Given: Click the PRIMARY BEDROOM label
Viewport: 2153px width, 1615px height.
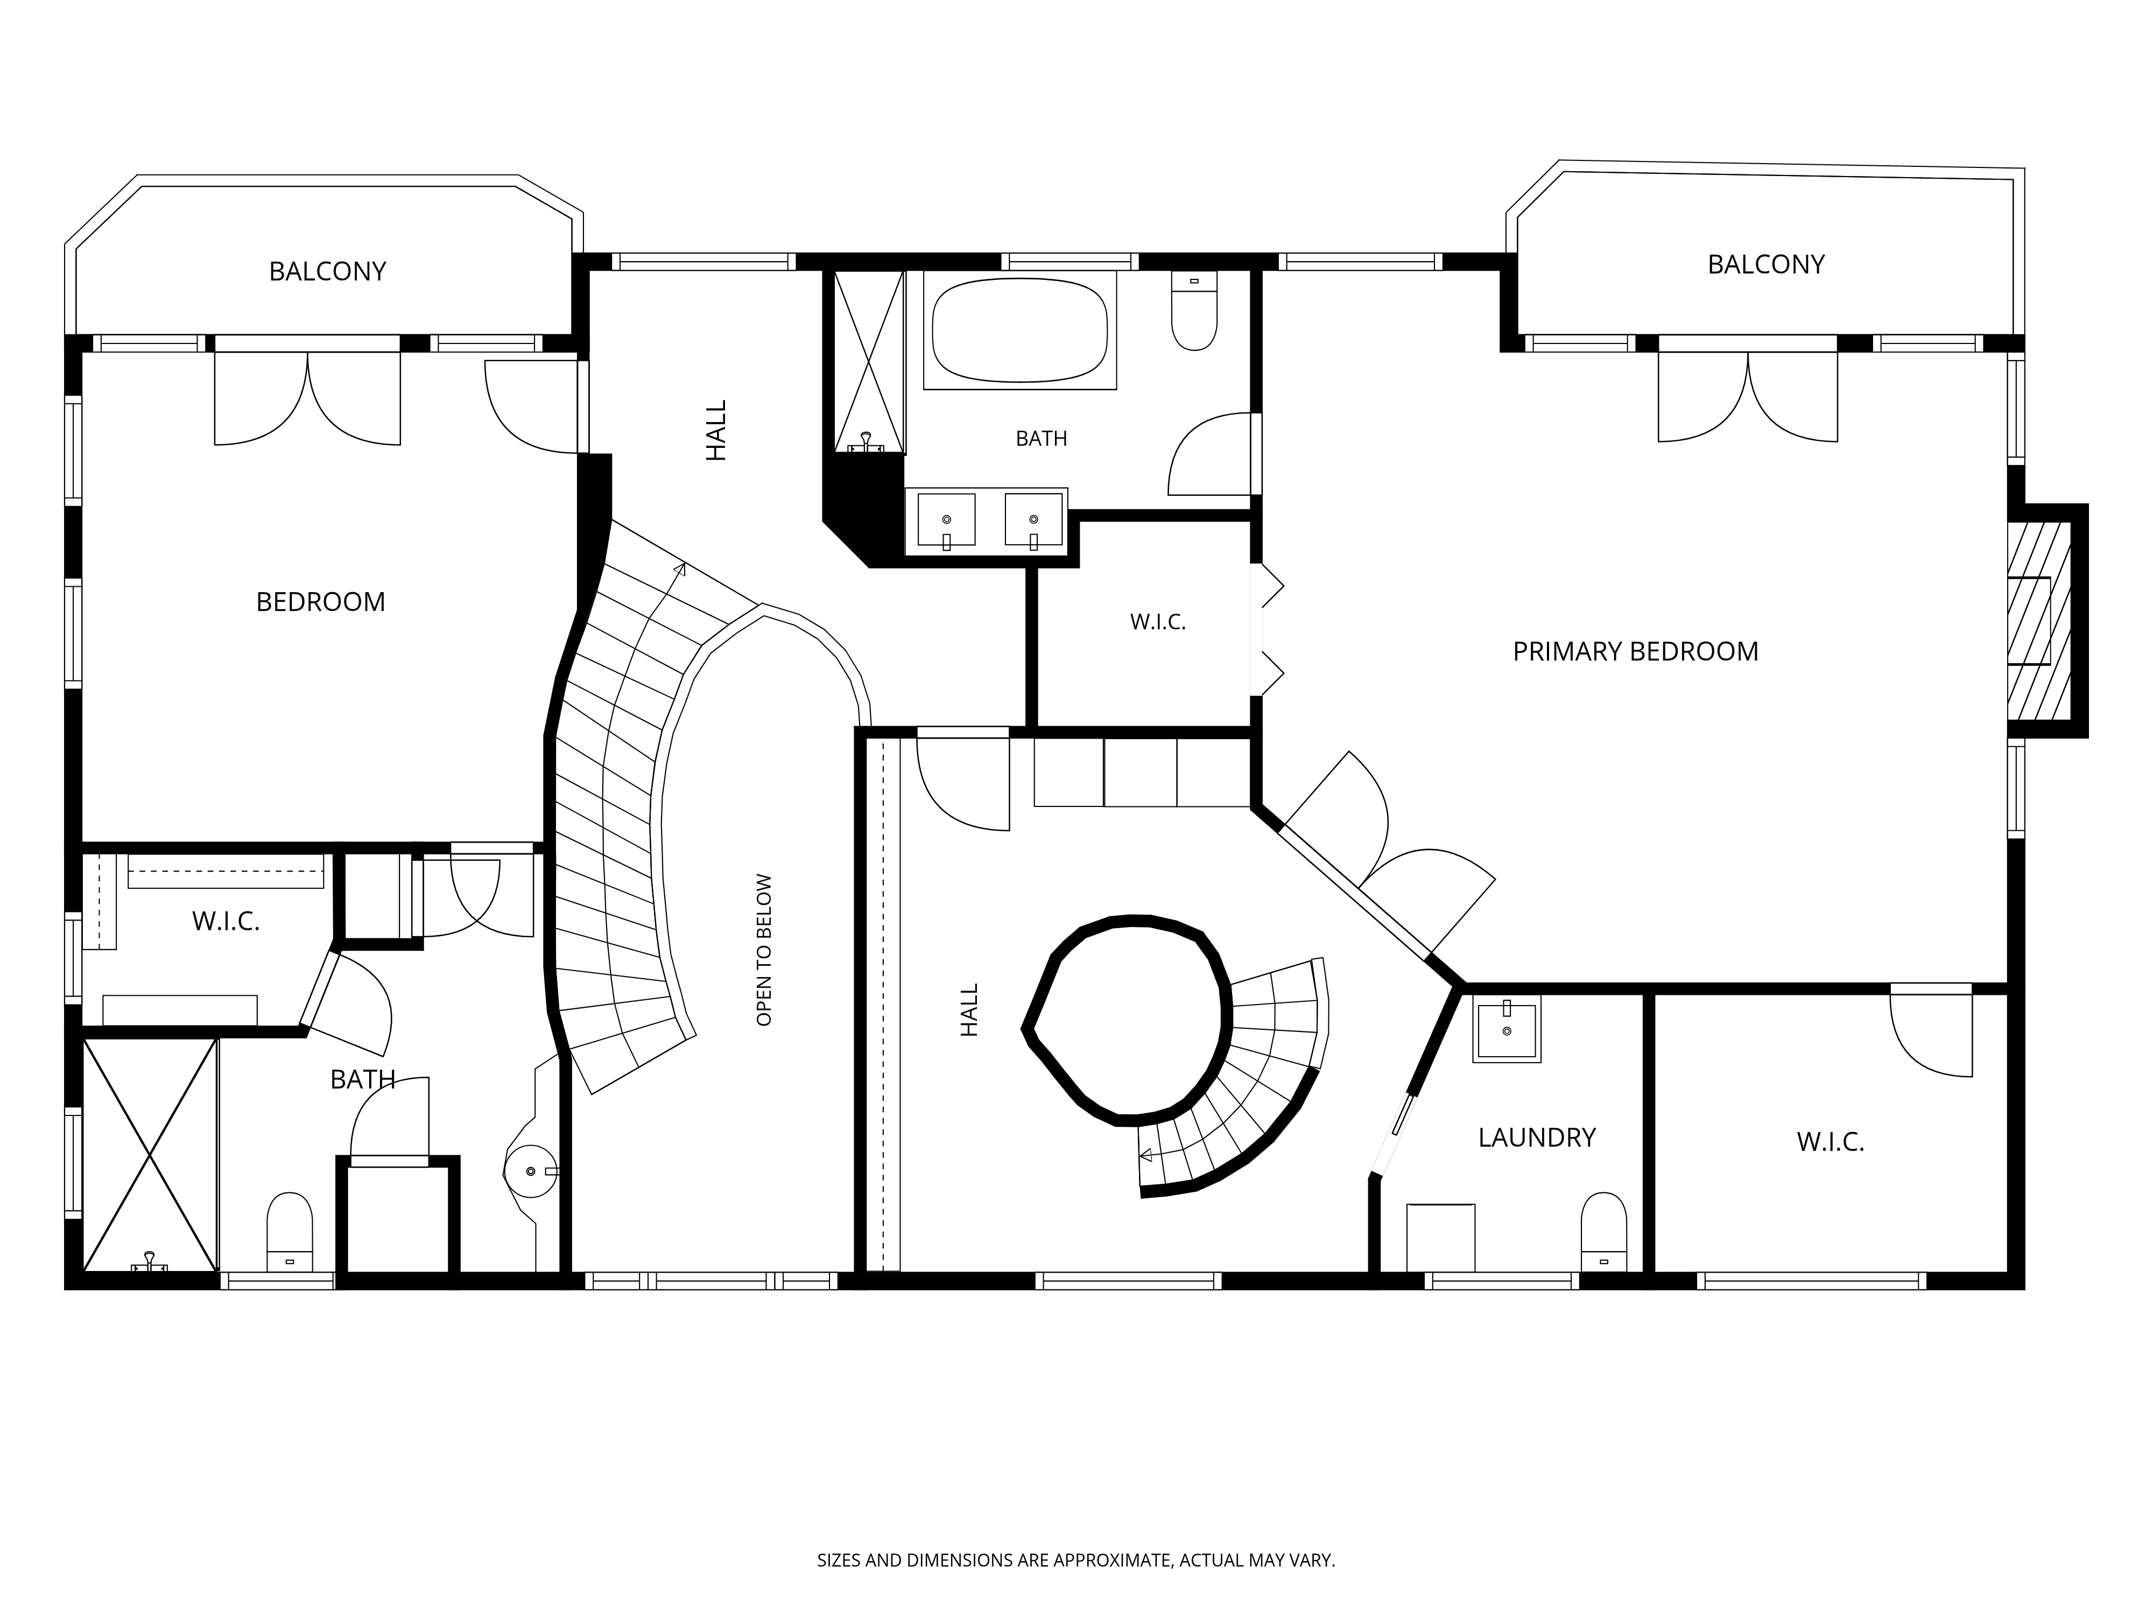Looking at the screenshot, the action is point(1635,651).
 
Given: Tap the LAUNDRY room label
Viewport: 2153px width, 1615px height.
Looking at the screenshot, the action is point(1537,1137).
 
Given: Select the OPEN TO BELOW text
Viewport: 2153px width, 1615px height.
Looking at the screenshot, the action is point(764,949).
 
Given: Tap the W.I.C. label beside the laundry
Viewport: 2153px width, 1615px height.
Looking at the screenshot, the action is point(1830,1142).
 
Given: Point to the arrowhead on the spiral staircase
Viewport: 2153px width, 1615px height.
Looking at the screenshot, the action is point(1145,1155).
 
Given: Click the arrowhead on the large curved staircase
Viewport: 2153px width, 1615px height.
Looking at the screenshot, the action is point(680,568).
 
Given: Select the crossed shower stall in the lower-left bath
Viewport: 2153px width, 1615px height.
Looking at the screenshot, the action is point(149,1155).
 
